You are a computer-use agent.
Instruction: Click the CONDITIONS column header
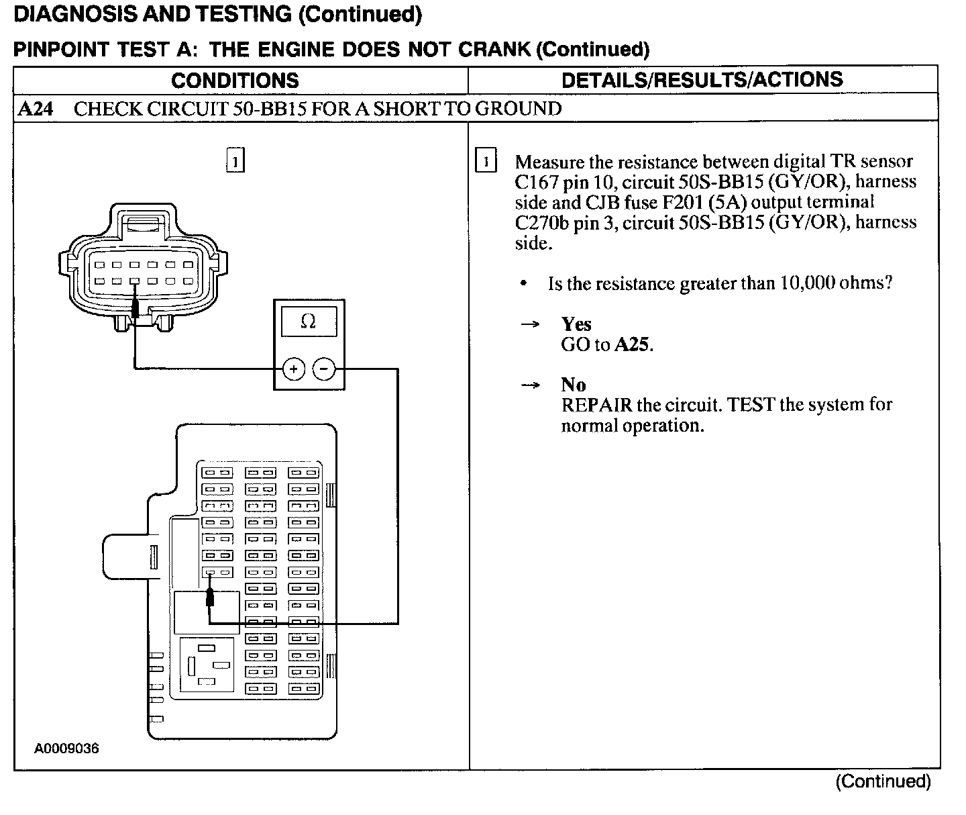tap(235, 81)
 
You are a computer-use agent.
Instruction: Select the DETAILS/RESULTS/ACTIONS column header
tap(702, 80)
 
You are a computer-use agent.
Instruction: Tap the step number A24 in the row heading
tap(36, 109)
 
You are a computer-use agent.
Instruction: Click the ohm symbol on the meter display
tap(308, 322)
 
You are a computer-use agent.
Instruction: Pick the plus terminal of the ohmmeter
tap(293, 369)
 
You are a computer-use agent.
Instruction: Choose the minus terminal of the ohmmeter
tap(324, 369)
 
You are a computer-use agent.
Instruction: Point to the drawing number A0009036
tap(67, 748)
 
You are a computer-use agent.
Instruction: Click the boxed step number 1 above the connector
tap(235, 161)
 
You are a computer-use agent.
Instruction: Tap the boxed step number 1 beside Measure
tap(486, 162)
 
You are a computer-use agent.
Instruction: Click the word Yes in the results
tap(576, 324)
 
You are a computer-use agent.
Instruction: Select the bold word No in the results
tap(574, 385)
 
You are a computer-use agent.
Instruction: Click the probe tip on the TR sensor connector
tap(136, 308)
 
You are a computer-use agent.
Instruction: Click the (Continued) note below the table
tap(883, 781)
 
